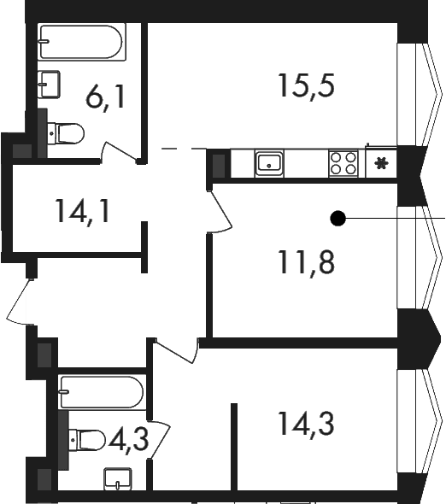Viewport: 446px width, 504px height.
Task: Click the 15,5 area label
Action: tap(307, 86)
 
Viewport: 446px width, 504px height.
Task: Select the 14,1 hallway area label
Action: tap(83, 211)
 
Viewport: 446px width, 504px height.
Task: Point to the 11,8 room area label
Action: tap(307, 262)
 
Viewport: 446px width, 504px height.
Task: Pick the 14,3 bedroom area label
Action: tap(307, 425)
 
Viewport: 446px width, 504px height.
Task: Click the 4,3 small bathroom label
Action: tap(129, 440)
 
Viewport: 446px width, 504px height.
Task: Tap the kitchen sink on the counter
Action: tap(269, 163)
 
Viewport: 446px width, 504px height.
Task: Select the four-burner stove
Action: tap(343, 163)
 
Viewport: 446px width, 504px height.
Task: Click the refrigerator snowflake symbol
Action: tap(381, 163)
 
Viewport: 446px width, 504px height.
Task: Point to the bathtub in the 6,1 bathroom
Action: tap(82, 42)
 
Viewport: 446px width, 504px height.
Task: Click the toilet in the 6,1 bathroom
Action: tap(66, 133)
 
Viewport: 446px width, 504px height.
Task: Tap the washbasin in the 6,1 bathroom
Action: tap(49, 85)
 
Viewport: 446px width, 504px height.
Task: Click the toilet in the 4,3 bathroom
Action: tap(87, 440)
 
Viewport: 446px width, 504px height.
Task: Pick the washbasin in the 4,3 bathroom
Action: tap(118, 479)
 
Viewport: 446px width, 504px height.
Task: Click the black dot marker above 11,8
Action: tap(337, 219)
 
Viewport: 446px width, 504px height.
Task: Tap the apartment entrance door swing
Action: tap(20, 302)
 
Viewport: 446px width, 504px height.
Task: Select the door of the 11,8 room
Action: tap(220, 210)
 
